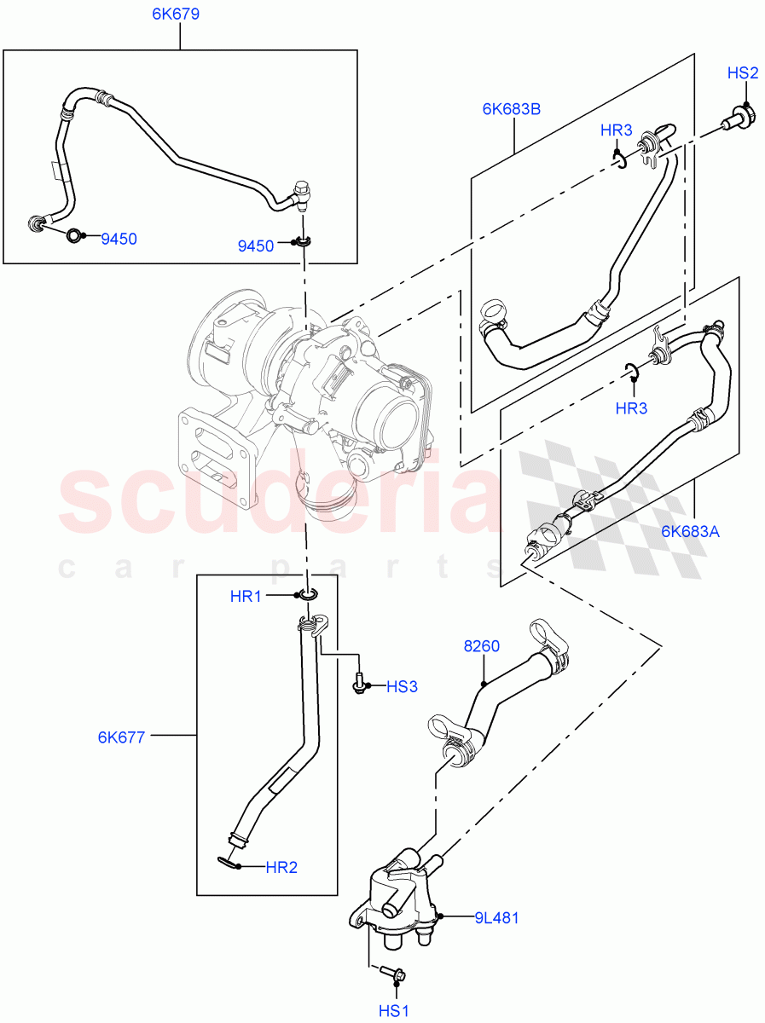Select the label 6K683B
[x=512, y=108]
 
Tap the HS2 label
[x=743, y=73]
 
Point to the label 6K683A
[x=690, y=532]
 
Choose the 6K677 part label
[x=122, y=736]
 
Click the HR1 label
[x=246, y=597]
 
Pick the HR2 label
[x=281, y=868]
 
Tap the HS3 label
[x=402, y=686]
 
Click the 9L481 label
[x=497, y=918]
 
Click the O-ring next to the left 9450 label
[x=75, y=236]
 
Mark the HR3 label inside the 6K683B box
[x=616, y=130]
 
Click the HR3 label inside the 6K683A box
[x=631, y=408]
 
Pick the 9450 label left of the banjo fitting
[x=257, y=246]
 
